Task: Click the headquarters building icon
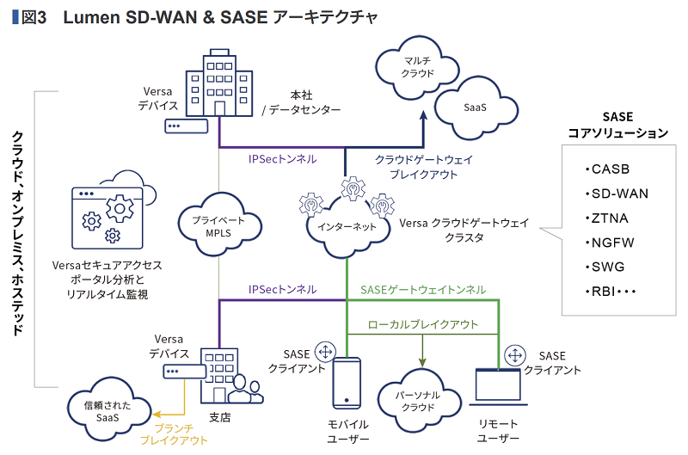[220, 83]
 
